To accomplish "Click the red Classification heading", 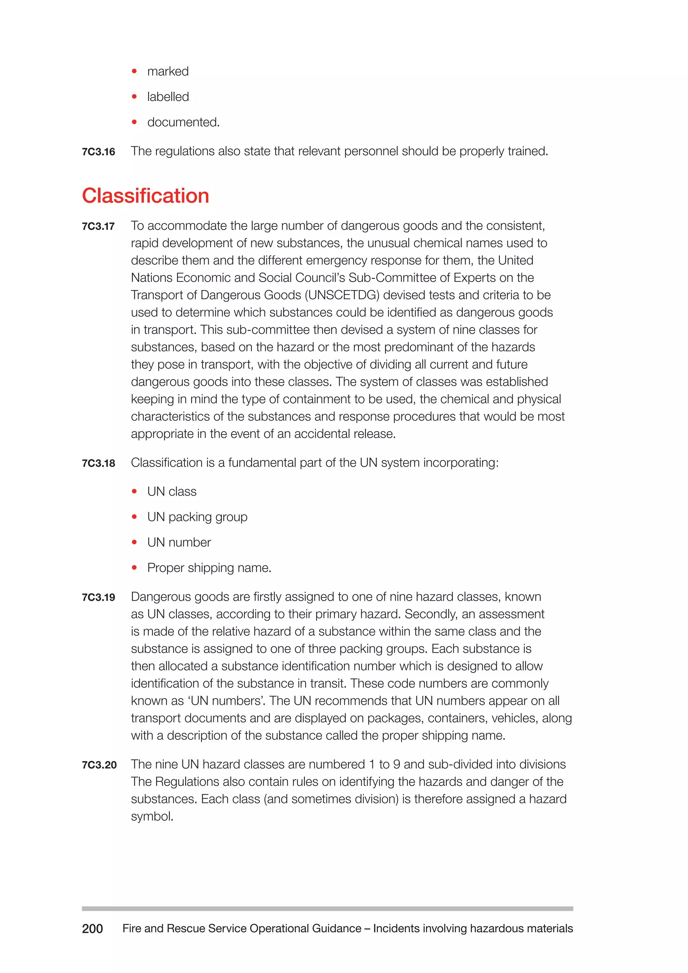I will (145, 196).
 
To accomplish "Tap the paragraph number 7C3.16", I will (98, 152).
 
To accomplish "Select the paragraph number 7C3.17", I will (98, 226).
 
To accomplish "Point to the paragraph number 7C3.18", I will (98, 463).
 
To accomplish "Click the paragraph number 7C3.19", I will (98, 597).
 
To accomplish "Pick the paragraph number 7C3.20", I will (99, 765).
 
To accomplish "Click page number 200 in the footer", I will (92, 929).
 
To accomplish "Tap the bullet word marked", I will (168, 71).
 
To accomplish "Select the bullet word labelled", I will (168, 97).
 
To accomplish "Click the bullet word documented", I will (183, 122).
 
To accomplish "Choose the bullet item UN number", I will (179, 542).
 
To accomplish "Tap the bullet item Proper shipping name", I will (209, 568).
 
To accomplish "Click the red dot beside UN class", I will (134, 492).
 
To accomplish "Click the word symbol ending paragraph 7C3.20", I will (151, 817).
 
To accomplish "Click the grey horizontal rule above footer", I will (327, 908).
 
